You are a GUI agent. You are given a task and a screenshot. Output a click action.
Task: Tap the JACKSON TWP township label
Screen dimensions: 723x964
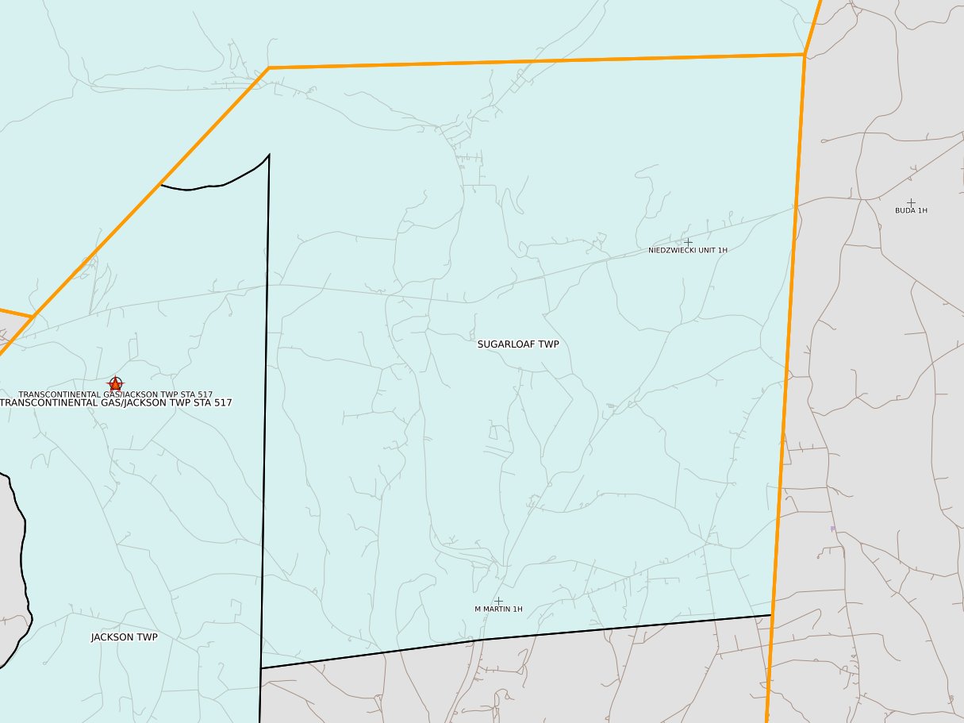coord(124,637)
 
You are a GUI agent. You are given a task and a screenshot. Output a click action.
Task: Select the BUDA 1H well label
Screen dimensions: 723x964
coord(911,211)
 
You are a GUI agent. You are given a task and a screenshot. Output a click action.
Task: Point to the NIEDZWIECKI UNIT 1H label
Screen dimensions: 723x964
coord(687,250)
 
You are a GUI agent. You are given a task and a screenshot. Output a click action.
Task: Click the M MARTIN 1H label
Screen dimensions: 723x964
coord(498,610)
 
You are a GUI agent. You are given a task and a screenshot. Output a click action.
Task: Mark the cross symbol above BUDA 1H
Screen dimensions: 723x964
coord(911,202)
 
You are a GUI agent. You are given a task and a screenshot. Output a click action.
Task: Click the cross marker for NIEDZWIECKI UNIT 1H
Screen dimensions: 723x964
coord(688,241)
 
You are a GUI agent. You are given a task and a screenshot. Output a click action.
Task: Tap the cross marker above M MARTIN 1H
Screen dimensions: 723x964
coord(498,601)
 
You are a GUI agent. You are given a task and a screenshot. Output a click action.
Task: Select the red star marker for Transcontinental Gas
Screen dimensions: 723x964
coord(116,384)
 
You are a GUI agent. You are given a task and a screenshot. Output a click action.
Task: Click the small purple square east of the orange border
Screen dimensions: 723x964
coord(832,529)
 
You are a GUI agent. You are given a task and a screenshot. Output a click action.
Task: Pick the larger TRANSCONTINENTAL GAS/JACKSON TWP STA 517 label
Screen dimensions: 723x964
coord(116,403)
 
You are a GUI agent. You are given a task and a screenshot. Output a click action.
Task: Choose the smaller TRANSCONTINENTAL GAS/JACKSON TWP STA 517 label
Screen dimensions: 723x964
coord(115,394)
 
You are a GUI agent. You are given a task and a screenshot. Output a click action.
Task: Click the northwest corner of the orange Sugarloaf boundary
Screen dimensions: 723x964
coord(268,68)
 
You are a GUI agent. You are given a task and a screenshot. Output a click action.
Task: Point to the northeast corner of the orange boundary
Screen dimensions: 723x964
coord(805,54)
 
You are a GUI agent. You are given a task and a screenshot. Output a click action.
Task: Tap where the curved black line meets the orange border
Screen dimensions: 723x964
coord(161,185)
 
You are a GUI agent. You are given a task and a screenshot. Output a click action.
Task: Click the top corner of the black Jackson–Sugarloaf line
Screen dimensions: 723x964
coord(269,155)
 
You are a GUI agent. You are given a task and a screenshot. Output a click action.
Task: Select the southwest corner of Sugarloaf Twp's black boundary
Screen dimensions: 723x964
coord(261,668)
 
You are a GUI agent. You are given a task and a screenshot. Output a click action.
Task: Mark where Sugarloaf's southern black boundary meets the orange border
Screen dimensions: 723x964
coord(771,615)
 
